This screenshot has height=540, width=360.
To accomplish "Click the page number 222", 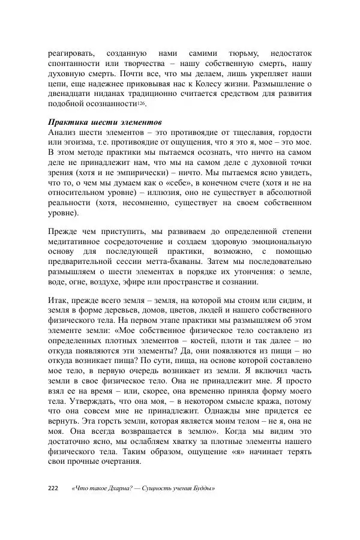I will click(x=53, y=488).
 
